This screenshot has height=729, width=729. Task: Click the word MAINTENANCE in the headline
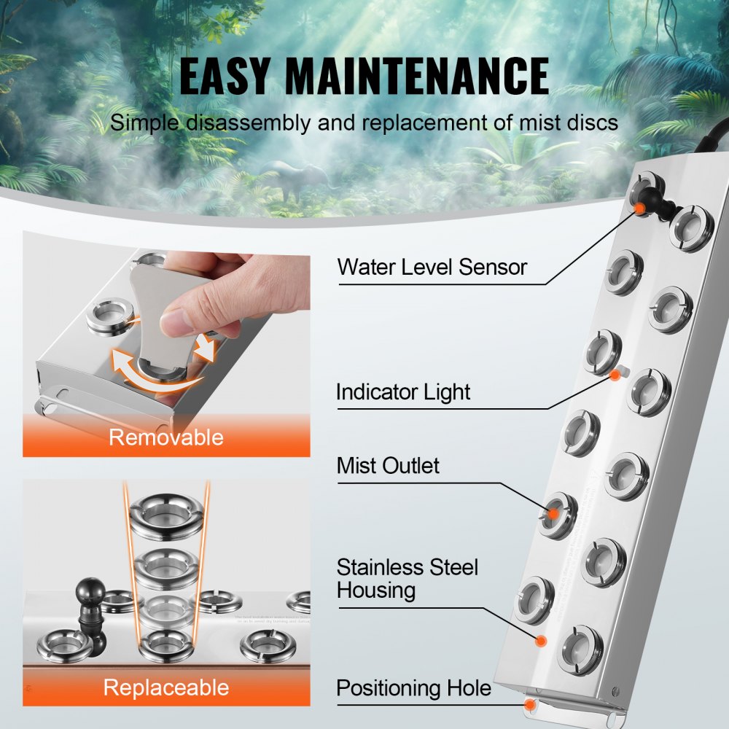[416, 76]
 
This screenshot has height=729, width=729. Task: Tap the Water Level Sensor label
[432, 267]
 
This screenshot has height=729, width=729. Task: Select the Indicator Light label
[403, 392]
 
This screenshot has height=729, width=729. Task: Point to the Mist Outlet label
[388, 465]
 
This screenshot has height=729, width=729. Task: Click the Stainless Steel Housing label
[407, 578]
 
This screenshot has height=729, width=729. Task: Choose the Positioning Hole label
[413, 688]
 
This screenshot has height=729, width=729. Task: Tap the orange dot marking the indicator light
[615, 375]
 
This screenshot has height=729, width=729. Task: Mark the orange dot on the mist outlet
[553, 514]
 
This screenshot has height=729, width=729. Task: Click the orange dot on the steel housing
[542, 640]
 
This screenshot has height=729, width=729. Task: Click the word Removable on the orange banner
[166, 437]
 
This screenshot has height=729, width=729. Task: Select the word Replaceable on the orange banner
[166, 687]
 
